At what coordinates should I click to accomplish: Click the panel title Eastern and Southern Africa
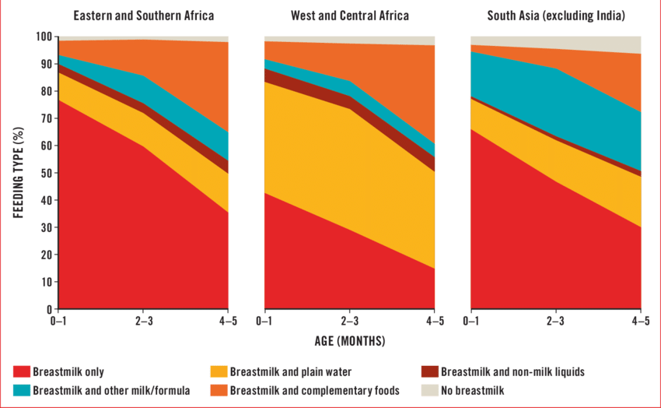pos(144,16)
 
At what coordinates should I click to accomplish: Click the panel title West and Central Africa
pos(349,16)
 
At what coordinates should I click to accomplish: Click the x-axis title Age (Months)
pos(349,341)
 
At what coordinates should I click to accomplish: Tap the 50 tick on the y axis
pos(47,173)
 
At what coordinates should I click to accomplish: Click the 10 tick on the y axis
pos(47,282)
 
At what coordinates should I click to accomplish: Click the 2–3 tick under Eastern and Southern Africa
pos(144,320)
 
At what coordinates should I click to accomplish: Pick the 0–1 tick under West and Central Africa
pos(264,320)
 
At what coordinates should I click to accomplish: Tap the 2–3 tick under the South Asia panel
pos(555,320)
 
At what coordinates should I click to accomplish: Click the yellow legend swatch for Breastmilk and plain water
pos(220,372)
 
